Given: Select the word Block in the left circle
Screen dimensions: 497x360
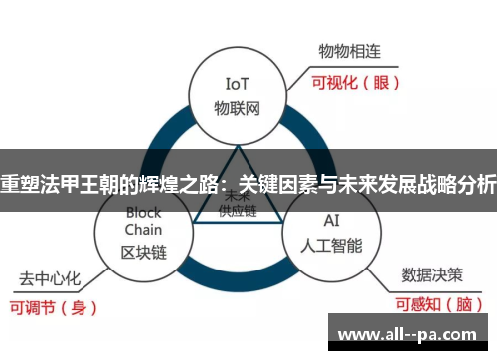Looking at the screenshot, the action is pos(143,213).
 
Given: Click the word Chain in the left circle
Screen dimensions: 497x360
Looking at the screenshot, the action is pos(143,231).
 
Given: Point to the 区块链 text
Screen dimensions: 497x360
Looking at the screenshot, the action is pos(143,251).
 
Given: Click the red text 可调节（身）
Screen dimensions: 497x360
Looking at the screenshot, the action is pos(55,307).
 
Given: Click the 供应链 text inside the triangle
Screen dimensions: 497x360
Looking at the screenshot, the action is pos(238,212).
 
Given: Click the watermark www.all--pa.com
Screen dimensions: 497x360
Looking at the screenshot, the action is pos(411,333).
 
